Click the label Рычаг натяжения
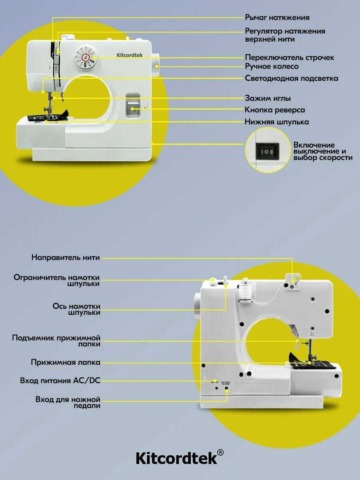point(277,18)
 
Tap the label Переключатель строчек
point(289,58)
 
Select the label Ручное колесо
point(272,66)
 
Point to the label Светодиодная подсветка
point(291,78)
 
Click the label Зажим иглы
point(268,98)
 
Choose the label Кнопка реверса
point(274,110)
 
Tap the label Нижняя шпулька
point(277,122)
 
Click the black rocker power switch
point(267,151)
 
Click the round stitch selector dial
point(86,57)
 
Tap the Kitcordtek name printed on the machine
point(129,55)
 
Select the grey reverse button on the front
point(133,107)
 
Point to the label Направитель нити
point(66,257)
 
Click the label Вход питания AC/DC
point(60,380)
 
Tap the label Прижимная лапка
point(66,362)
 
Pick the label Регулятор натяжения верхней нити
point(285,35)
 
